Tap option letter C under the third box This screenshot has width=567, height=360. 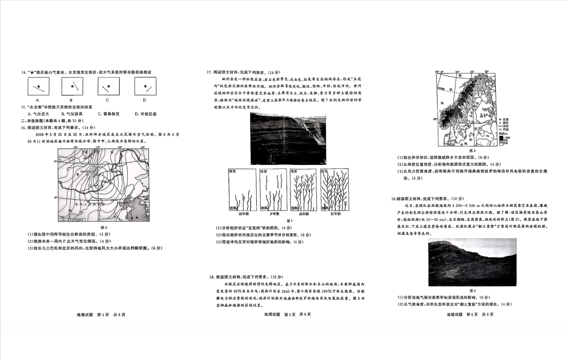(107, 100)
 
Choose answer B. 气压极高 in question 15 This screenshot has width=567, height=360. (72, 114)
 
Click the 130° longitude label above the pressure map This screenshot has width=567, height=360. (142, 147)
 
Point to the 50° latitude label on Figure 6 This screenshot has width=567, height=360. (55, 162)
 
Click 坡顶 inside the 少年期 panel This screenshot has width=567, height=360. (264, 172)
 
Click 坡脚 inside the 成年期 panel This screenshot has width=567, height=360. (294, 208)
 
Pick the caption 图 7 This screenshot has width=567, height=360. (289, 221)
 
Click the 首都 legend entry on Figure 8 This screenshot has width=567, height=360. (505, 119)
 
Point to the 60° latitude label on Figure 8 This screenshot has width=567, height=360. (435, 119)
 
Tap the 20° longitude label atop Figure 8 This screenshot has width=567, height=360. (472, 72)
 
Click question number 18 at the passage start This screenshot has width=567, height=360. (211, 277)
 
